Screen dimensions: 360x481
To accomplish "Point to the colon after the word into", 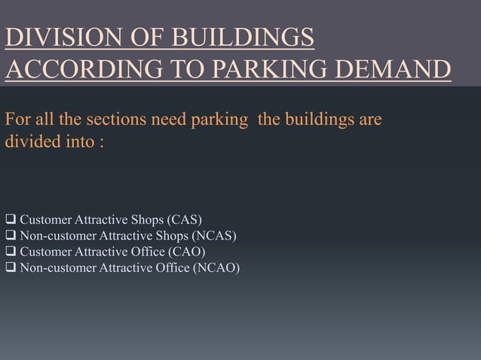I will coord(100,141).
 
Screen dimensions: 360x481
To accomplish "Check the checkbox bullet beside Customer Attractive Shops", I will coord(11,221).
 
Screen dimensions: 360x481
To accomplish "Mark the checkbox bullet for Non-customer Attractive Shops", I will coord(11,236).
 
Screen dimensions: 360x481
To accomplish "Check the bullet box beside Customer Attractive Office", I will coord(11,252).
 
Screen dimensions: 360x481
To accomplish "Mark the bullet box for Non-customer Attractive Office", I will coord(11,267).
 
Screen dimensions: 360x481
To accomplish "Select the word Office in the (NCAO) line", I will coord(173,267).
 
